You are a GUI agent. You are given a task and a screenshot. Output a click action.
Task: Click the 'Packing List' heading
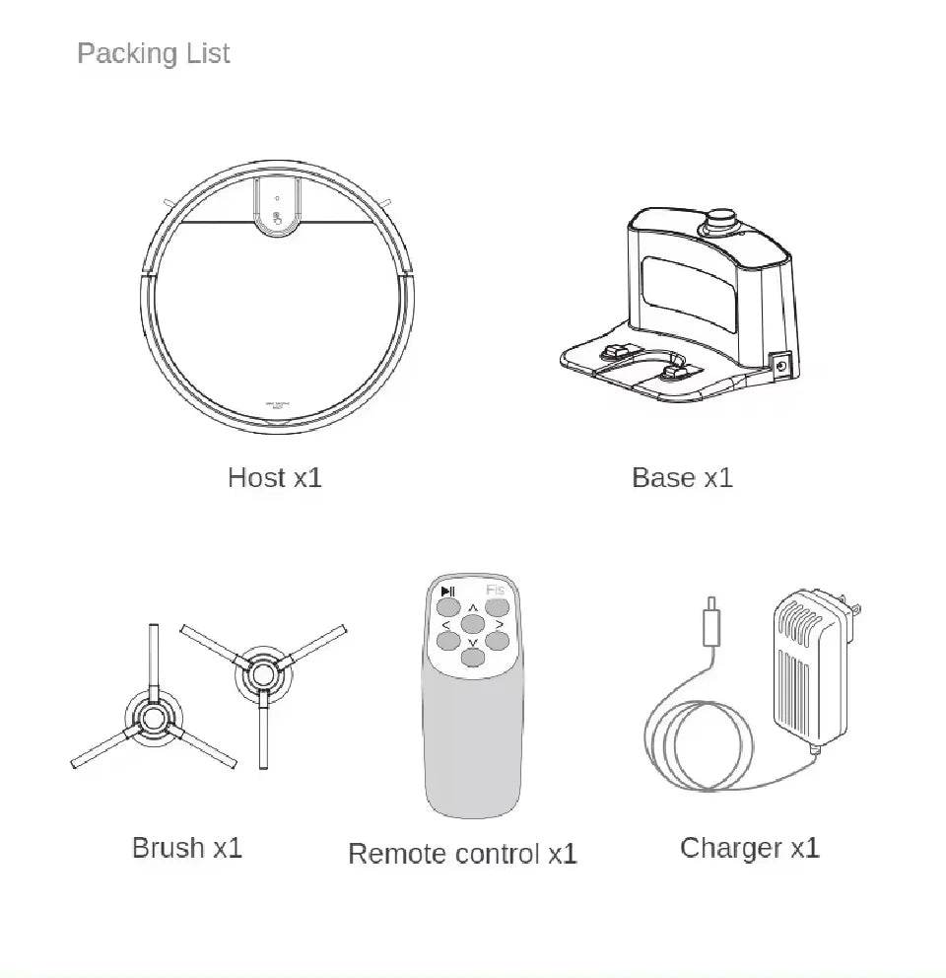153,53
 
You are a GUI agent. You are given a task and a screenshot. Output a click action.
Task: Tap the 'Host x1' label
274,478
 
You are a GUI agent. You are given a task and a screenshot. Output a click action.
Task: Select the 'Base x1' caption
682,478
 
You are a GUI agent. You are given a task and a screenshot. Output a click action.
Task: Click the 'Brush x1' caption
186,848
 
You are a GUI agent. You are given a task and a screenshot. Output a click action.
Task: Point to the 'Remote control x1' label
462,854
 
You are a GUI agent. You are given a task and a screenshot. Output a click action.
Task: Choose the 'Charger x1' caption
749,848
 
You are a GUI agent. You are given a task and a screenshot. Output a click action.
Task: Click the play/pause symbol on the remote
448,592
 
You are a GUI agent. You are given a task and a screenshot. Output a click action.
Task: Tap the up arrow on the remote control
473,607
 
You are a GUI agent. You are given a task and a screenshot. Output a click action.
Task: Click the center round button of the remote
473,624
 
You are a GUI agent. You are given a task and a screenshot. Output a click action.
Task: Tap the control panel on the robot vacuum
278,209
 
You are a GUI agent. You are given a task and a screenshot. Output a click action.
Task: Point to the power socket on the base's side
782,366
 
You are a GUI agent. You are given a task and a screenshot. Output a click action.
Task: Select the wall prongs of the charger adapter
854,619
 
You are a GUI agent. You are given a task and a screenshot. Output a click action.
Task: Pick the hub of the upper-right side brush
263,674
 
